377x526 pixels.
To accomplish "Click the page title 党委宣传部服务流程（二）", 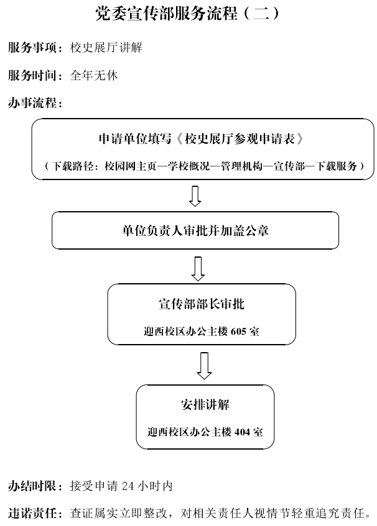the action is [x=187, y=14].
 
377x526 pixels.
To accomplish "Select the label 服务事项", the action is [x=32, y=48].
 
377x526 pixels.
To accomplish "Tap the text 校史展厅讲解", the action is [x=106, y=48].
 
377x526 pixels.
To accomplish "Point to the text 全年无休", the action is [x=94, y=76].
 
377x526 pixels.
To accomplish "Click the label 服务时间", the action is [x=32, y=76].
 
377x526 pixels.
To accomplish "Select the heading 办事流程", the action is [x=32, y=103].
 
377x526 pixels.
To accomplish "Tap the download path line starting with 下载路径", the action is [x=204, y=166].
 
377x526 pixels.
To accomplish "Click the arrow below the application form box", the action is [x=195, y=196].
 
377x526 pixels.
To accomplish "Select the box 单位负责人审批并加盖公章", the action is [x=195, y=230].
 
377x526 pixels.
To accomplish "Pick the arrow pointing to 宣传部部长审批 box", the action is [x=198, y=269].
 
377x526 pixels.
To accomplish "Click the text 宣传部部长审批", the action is [x=202, y=304].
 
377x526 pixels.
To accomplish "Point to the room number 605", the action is [x=238, y=332].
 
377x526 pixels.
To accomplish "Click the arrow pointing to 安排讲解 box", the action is [x=204, y=366].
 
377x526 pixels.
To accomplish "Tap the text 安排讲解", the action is [x=205, y=404].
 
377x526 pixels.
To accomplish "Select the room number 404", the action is [x=242, y=432].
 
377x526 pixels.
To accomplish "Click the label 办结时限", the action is [x=32, y=486].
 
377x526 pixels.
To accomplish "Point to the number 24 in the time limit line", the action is [x=128, y=486].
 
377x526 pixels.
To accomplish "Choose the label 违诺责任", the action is [x=32, y=513].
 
